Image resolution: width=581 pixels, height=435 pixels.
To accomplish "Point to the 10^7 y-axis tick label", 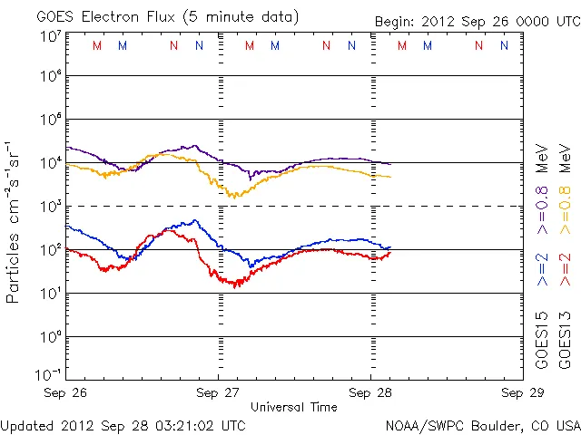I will pyautogui.click(x=51, y=36).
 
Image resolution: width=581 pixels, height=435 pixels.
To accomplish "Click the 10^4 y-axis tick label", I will pyautogui.click(x=51, y=163).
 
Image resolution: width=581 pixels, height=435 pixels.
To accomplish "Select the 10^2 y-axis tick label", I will pyautogui.click(x=51, y=250).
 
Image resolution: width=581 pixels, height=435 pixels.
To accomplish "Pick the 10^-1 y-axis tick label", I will pyautogui.click(x=49, y=374).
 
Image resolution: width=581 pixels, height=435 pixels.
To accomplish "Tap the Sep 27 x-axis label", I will pyautogui.click(x=219, y=393).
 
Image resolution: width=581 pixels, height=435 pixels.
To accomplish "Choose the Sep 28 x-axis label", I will pyautogui.click(x=370, y=393).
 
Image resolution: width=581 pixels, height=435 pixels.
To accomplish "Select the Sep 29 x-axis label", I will pyautogui.click(x=517, y=393).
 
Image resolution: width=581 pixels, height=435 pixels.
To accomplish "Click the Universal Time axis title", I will pyautogui.click(x=294, y=407).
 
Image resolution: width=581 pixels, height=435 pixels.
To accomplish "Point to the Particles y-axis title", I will pyautogui.click(x=13, y=222).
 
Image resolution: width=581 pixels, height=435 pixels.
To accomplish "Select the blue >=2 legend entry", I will pyautogui.click(x=542, y=270).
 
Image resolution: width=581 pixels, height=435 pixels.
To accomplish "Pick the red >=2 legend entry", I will pyautogui.click(x=565, y=270).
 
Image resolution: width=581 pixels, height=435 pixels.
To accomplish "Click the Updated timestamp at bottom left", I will pyautogui.click(x=123, y=424).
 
